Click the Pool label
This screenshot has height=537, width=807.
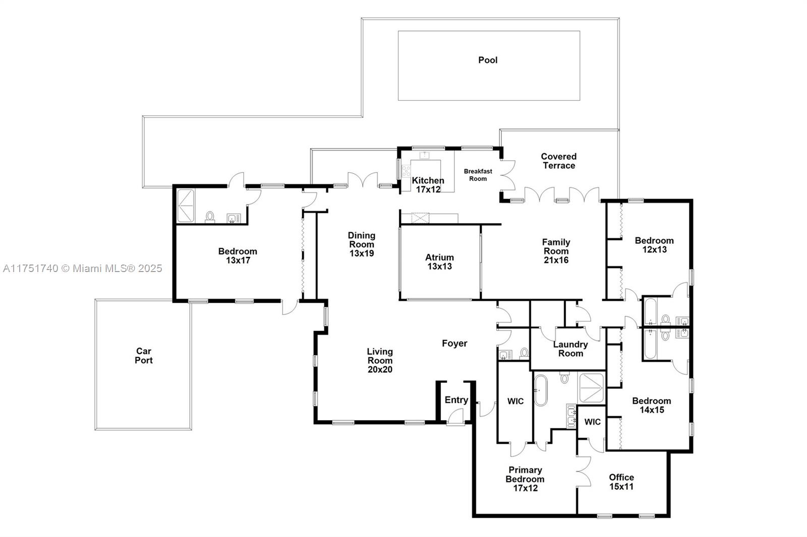click(x=488, y=60)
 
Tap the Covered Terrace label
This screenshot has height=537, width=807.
click(x=558, y=161)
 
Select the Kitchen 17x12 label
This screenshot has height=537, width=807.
click(x=428, y=185)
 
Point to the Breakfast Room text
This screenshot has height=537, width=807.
click(x=478, y=175)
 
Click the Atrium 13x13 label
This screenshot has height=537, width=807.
click(x=439, y=262)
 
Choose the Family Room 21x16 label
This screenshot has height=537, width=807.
click(x=556, y=251)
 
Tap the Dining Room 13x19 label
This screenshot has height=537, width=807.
click(x=362, y=244)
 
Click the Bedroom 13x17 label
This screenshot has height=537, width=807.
click(x=238, y=256)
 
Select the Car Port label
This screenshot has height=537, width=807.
click(x=143, y=356)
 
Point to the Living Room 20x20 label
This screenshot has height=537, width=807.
click(x=380, y=360)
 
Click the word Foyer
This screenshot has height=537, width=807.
click(x=454, y=344)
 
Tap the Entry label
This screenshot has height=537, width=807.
click(x=456, y=400)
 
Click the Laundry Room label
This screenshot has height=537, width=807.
click(x=570, y=349)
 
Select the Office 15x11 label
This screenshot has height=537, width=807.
click(x=621, y=482)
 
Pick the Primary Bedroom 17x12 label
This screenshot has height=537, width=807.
click(x=525, y=479)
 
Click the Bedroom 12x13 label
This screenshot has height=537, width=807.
click(x=654, y=245)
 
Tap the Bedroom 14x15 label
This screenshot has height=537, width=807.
click(x=651, y=405)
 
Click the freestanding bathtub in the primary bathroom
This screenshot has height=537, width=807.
click(x=541, y=390)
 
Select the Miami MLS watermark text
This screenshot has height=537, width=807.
click(x=82, y=268)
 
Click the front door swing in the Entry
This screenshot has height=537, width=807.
click(x=455, y=417)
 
